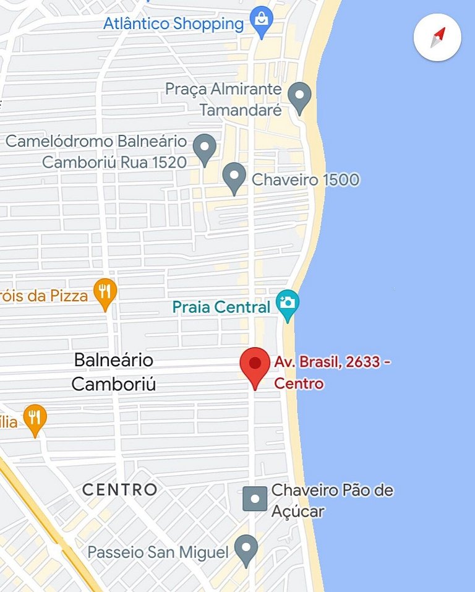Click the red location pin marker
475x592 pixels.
tap(255, 365)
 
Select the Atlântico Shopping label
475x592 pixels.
tap(173, 24)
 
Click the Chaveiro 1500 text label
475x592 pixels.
tap(306, 180)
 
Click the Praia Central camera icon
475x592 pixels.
tap(288, 304)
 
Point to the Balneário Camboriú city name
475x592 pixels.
tap(114, 372)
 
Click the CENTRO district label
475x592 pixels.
tap(120, 490)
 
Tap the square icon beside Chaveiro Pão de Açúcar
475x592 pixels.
tap(255, 498)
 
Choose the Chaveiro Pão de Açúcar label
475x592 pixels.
tap(332, 500)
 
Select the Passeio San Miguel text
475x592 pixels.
tap(158, 552)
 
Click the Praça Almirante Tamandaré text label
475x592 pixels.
tap(223, 100)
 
